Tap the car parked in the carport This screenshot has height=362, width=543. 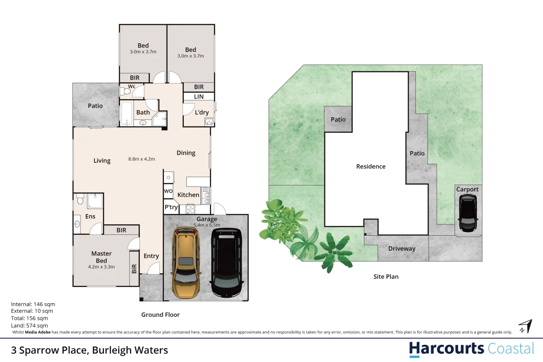(x=467, y=213)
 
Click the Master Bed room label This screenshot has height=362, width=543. (x=101, y=257)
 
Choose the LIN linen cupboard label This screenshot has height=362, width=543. (x=199, y=97)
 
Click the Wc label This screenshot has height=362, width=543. (x=132, y=86)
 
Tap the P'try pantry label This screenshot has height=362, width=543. (x=171, y=207)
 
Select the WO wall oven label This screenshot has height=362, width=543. (x=168, y=191)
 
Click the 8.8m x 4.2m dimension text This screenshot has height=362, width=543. (x=142, y=159)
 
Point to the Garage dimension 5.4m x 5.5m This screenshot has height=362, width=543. (x=206, y=225)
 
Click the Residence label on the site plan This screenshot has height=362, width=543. (x=371, y=167)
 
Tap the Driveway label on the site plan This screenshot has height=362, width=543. (x=402, y=248)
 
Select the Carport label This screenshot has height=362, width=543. (x=467, y=189)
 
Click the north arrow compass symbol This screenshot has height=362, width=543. (x=525, y=326)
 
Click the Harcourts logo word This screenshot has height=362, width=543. (x=447, y=349)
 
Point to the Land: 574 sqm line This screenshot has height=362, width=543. (x=29, y=325)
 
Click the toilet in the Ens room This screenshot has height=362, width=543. (x=80, y=199)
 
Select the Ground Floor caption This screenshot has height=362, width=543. (x=160, y=314)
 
